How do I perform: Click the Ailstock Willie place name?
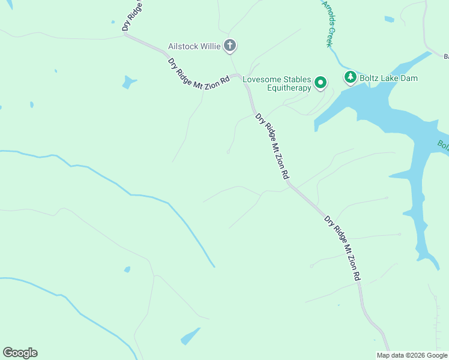(194, 46)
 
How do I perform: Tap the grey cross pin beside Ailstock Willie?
(229, 46)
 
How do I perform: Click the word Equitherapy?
(289, 88)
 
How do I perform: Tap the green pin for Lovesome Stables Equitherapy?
(321, 83)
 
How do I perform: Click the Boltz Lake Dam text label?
(388, 78)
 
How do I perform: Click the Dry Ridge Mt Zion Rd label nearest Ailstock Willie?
(199, 75)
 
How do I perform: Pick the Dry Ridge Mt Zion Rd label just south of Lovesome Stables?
(273, 146)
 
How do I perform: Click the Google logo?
(20, 353)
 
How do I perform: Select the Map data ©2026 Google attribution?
(412, 355)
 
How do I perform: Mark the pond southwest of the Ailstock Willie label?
(128, 82)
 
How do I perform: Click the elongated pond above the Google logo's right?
(190, 335)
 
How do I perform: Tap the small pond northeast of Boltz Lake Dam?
(390, 19)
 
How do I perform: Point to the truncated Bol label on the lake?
(442, 146)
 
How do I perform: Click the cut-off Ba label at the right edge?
(445, 57)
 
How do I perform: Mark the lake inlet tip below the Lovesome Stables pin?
(316, 128)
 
